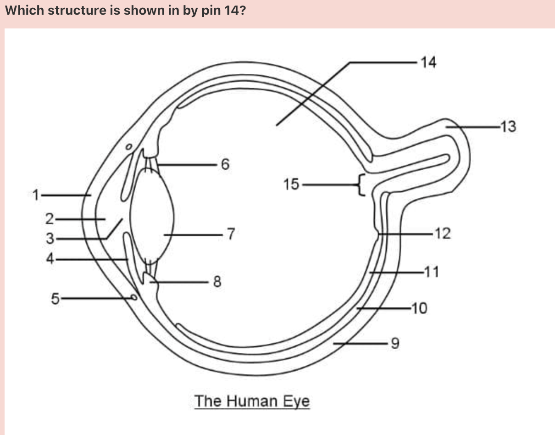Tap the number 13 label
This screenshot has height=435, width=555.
point(508,126)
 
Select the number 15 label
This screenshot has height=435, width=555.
point(291,184)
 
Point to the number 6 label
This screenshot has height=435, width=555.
point(224,164)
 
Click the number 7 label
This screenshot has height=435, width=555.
point(231,234)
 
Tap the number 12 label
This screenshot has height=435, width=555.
point(443,234)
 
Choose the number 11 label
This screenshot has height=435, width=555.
point(431,272)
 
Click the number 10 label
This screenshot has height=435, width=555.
point(419,308)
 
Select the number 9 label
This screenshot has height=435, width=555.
point(394,343)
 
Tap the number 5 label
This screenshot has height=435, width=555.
point(55,299)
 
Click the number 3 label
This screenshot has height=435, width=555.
point(50,239)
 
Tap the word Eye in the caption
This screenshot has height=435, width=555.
point(296,402)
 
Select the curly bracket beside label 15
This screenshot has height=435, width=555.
point(361,184)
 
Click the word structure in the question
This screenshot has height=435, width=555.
point(76,11)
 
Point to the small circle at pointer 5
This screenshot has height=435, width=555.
point(133,297)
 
